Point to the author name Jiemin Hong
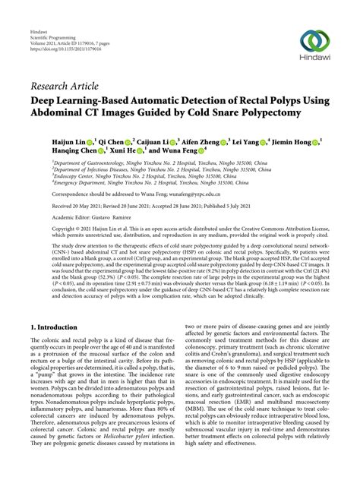(292, 142)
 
